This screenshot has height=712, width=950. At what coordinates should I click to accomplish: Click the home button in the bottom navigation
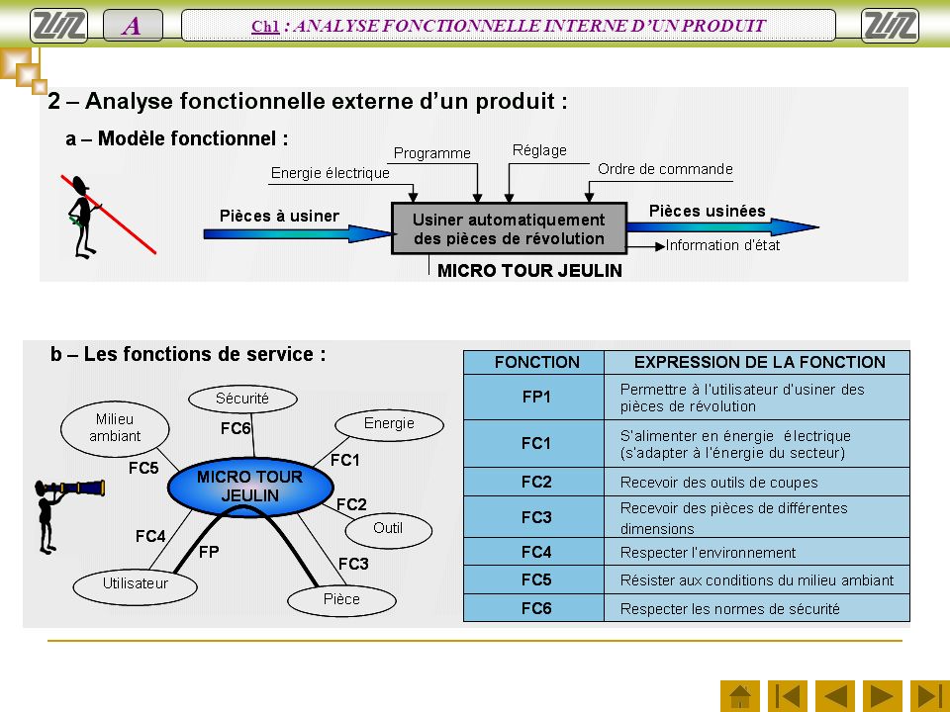(x=740, y=696)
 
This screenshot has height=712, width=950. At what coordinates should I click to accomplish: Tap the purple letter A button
(x=133, y=26)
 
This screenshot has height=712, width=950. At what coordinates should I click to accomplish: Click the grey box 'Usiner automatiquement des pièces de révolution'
(x=509, y=228)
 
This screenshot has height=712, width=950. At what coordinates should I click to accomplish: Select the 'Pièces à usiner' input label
(x=279, y=217)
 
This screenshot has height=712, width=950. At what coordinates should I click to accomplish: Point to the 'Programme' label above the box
(x=432, y=153)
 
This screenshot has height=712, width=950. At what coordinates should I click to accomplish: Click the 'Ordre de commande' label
(x=665, y=169)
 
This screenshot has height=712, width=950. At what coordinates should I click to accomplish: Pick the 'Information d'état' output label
(x=722, y=245)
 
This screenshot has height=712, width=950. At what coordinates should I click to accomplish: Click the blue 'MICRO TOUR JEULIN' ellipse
(x=250, y=487)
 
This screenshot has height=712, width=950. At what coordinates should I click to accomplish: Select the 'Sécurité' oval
(x=242, y=399)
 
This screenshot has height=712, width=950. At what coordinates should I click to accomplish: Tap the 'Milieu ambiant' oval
(x=115, y=428)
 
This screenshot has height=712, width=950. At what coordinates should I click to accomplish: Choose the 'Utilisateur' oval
(x=136, y=584)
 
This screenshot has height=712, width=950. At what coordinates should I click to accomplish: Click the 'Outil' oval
(x=388, y=529)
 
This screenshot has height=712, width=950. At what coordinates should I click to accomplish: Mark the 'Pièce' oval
(x=341, y=600)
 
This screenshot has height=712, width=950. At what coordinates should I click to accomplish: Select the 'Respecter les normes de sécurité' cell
(x=757, y=608)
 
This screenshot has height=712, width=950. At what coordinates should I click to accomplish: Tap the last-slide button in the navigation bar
(x=930, y=696)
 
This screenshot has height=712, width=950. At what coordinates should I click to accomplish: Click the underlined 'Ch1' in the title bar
(x=265, y=26)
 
